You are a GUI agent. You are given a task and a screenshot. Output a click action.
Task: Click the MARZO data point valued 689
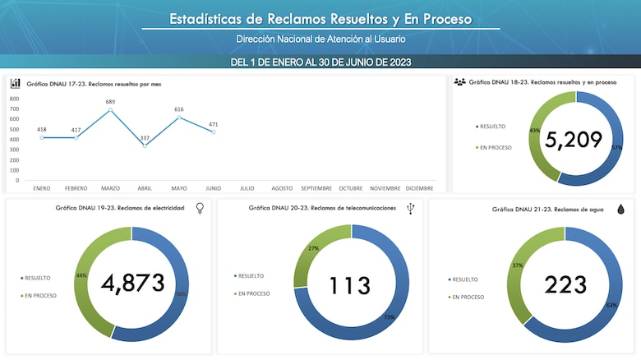point(110,110)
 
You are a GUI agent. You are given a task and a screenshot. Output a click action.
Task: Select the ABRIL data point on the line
point(145,145)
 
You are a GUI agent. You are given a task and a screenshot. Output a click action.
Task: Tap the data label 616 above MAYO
point(179,108)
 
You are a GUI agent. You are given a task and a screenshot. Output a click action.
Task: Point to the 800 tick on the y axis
point(14,99)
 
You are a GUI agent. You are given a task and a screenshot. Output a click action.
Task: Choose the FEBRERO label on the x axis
point(76,187)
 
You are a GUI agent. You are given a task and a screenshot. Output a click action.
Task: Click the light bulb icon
point(200,209)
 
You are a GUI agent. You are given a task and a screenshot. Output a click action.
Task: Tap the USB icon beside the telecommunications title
point(410,209)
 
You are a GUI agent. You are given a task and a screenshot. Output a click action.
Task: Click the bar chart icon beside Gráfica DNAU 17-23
point(16,83)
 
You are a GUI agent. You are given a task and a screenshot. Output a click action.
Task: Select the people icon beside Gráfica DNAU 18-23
point(459,82)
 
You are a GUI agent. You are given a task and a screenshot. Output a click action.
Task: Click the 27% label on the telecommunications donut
point(312,247)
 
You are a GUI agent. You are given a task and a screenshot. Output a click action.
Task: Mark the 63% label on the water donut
point(611,305)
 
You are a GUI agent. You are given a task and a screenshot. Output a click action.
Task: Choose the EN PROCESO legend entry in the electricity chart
point(40,295)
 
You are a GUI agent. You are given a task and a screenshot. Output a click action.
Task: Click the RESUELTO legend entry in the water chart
point(464,279)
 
